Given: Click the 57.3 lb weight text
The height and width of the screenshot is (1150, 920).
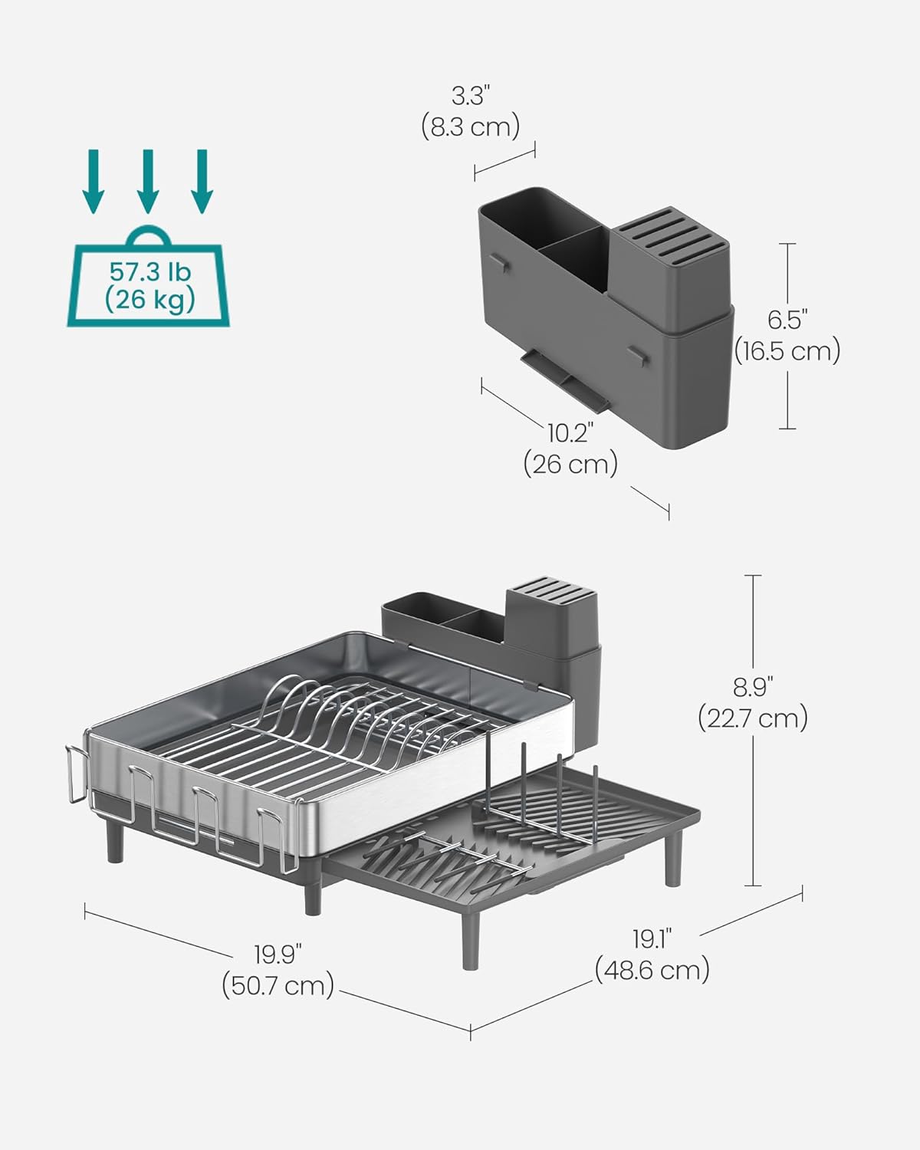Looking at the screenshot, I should [149, 271].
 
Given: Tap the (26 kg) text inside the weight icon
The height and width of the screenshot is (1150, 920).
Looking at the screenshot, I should [149, 300].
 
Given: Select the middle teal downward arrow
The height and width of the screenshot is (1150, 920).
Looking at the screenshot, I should [148, 181].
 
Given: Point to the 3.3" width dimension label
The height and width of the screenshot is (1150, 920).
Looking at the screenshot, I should [470, 96].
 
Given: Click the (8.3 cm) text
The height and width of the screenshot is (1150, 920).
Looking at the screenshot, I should [470, 126].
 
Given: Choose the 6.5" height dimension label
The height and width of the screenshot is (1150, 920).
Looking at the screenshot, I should [787, 319].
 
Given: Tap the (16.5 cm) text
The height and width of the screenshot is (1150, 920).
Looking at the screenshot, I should [787, 350].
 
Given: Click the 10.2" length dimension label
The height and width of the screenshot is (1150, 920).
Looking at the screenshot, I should [570, 433].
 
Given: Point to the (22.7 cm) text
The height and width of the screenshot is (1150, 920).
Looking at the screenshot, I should [753, 718].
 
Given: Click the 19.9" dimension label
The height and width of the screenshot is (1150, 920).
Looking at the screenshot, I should [278, 955].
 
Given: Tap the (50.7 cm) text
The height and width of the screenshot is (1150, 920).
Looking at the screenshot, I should [278, 985].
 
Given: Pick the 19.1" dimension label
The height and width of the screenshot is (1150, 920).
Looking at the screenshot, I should [652, 938].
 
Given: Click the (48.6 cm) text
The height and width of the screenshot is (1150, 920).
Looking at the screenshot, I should [652, 970].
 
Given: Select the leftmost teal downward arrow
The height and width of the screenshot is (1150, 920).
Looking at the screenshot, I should [94, 181].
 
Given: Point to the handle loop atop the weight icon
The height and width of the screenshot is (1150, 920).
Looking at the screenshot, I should [149, 235].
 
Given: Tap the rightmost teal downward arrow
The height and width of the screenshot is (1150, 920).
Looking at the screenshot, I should [202, 181].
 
